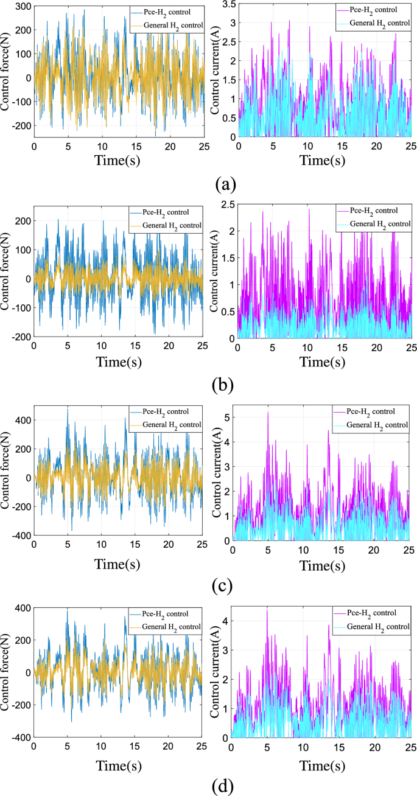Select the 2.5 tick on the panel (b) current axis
(x=228, y=204)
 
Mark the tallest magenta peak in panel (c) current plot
(x=268, y=413)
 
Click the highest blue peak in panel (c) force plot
(x=68, y=410)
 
